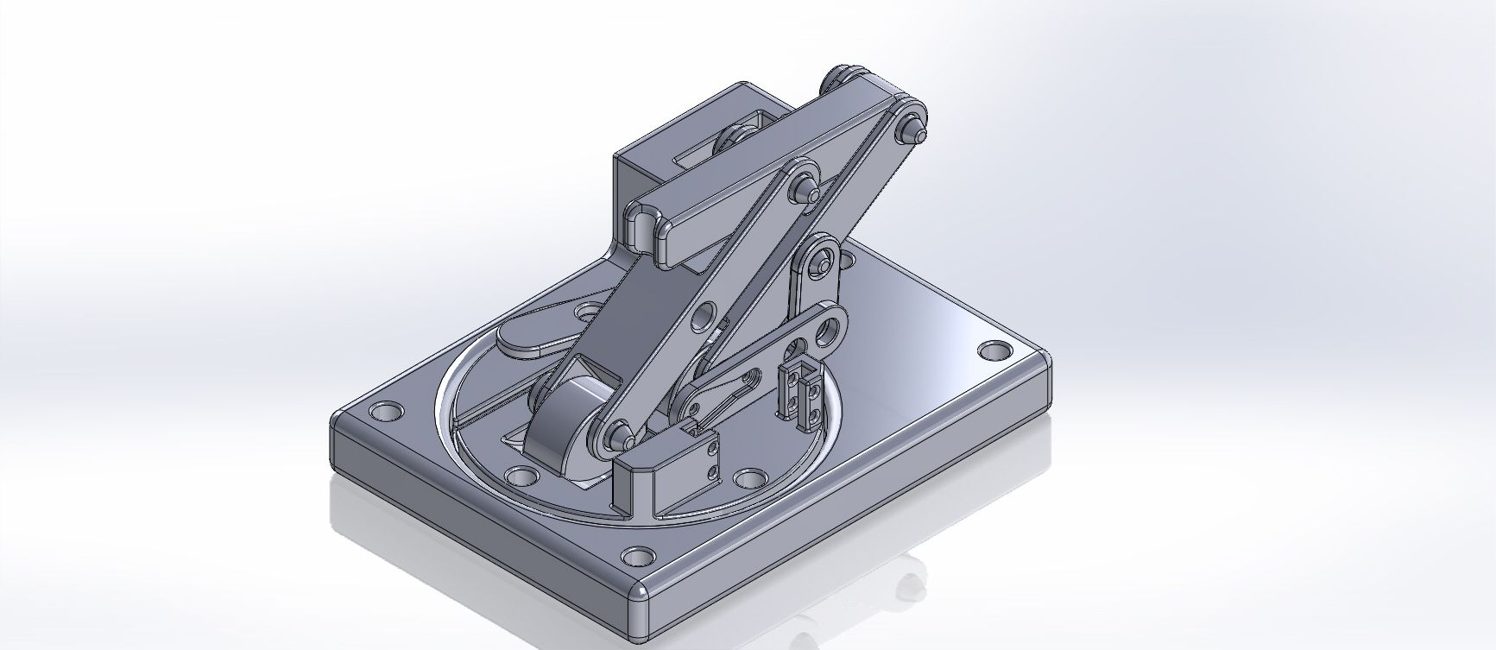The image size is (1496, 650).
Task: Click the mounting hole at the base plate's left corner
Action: (x=382, y=411)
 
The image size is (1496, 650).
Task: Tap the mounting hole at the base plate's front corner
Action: (x=639, y=554)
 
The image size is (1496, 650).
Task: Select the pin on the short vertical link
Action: (x=824, y=260)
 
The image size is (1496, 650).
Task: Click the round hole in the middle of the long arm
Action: (x=709, y=312)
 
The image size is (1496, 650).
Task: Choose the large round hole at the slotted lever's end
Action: (x=833, y=328)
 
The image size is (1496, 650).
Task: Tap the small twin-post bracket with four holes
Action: (x=801, y=393)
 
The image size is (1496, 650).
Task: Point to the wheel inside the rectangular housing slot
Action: (x=735, y=142)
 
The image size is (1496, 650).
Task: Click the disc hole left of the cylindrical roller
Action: (x=520, y=476)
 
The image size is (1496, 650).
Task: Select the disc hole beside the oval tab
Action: (x=590, y=310)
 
